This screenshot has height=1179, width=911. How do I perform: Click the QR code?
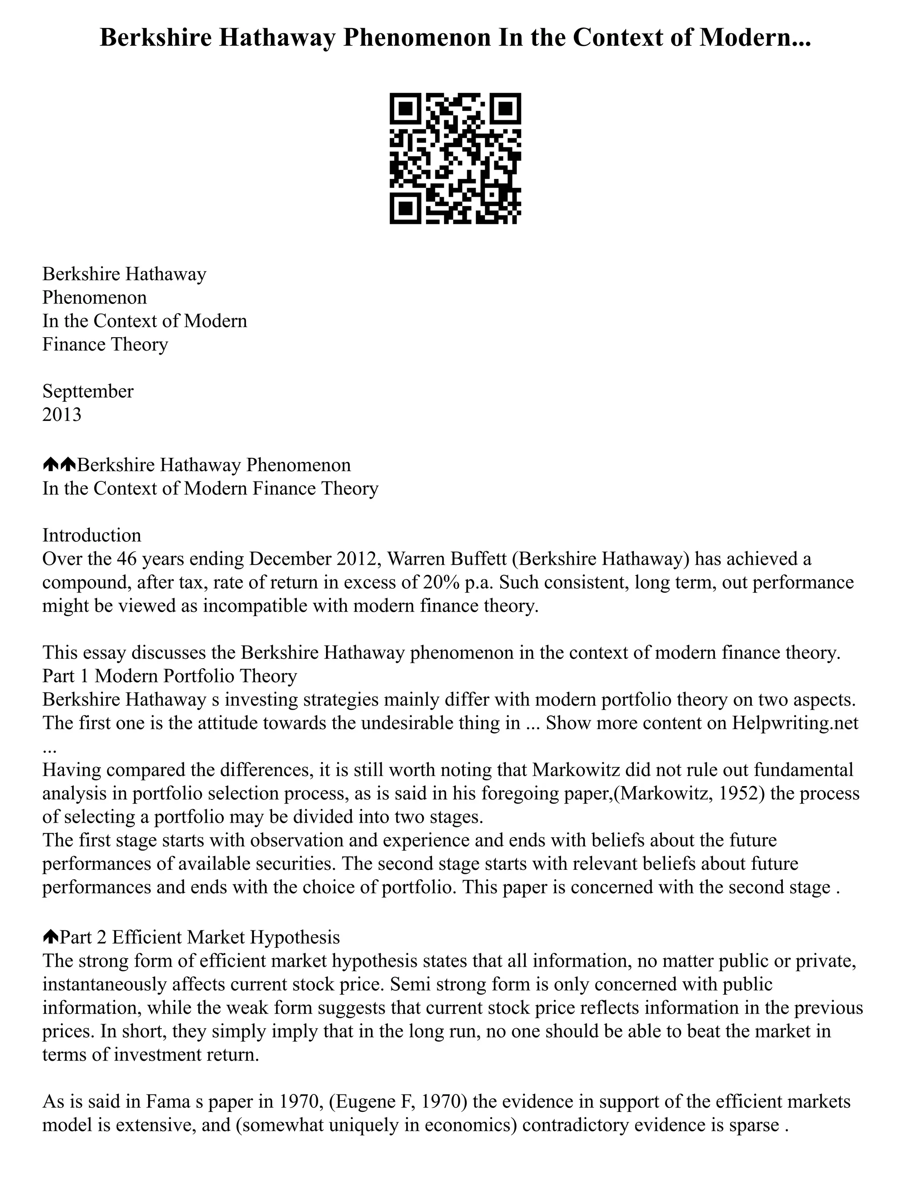[455, 158]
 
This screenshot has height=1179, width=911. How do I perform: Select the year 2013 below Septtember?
[62, 414]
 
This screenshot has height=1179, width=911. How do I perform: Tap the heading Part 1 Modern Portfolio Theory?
[170, 675]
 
